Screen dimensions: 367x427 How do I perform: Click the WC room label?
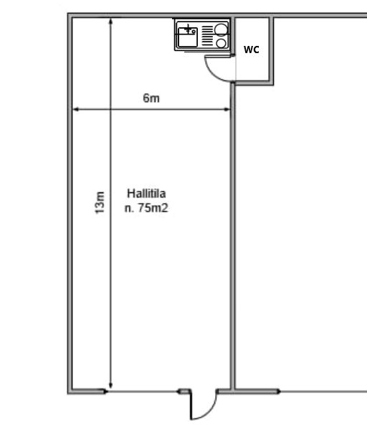(252, 50)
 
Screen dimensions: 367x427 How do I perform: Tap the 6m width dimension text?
(151, 98)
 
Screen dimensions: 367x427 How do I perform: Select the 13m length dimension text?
(100, 202)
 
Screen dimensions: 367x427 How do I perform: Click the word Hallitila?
(146, 193)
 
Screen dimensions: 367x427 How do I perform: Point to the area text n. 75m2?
(146, 208)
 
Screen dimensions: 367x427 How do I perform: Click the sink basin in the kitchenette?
(188, 37)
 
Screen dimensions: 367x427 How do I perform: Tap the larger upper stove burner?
(221, 29)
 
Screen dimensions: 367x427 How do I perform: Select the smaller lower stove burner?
(221, 43)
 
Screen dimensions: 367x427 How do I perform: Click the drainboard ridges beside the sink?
(207, 36)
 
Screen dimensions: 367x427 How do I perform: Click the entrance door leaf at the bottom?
(191, 404)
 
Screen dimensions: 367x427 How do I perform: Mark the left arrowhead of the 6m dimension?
(76, 109)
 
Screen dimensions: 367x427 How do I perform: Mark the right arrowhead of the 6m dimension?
(227, 109)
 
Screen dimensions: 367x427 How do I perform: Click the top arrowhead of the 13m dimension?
(110, 22)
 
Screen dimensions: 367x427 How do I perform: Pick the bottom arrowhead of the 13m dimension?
(110, 385)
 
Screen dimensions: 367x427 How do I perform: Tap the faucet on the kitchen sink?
(189, 28)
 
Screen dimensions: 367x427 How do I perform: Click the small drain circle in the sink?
(194, 32)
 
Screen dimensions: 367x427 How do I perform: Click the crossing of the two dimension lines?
(110, 109)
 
